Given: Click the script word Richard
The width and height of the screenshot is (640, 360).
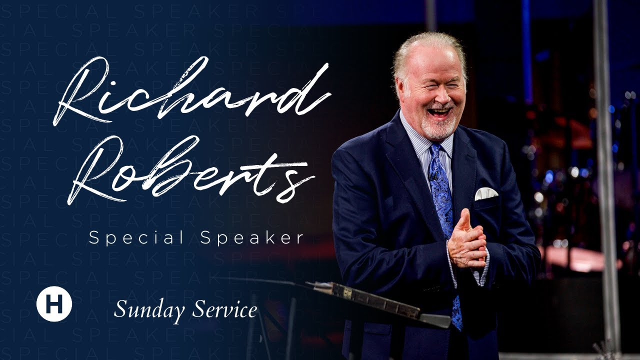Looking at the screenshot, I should (192, 92).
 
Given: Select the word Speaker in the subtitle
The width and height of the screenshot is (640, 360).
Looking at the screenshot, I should (252, 238).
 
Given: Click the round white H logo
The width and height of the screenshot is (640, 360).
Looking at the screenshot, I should (54, 304).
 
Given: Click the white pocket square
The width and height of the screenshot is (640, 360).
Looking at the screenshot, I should (485, 193).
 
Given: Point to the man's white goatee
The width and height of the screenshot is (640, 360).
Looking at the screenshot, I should (439, 127).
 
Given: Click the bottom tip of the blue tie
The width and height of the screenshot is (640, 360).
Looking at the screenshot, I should (457, 325).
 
